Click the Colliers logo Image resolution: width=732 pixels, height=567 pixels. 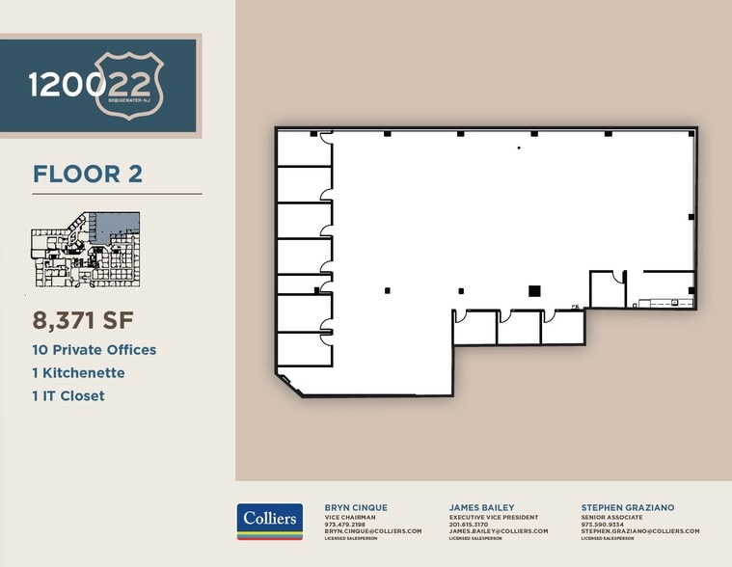(x=270, y=521)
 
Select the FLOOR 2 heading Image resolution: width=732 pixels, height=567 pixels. (x=88, y=174)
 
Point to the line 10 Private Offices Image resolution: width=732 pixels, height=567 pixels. (x=95, y=350)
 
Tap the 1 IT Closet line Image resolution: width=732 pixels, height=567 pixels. (x=68, y=395)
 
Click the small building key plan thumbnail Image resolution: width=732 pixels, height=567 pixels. (x=86, y=250)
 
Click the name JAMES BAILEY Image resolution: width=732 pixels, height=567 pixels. (x=481, y=507)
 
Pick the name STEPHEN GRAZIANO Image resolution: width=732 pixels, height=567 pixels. (x=627, y=507)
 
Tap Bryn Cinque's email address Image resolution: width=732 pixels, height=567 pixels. (x=373, y=531)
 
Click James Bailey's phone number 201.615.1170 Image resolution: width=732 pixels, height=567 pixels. (x=469, y=525)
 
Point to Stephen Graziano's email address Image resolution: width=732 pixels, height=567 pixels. (x=639, y=531)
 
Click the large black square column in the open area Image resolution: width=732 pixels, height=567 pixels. (x=534, y=290)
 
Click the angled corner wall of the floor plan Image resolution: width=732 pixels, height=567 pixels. (x=289, y=386)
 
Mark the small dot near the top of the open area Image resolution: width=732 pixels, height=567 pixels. (x=519, y=148)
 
